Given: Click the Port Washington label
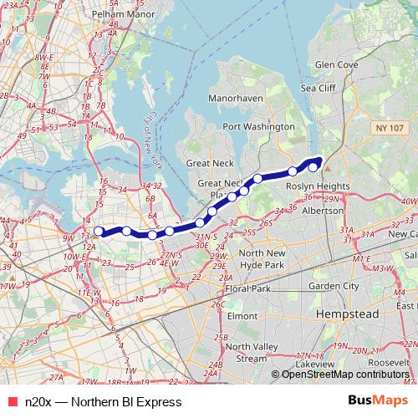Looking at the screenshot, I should pyautogui.click(x=256, y=127).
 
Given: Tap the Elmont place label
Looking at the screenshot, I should pyautogui.click(x=242, y=317).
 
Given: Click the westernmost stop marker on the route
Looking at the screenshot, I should pyautogui.click(x=99, y=232).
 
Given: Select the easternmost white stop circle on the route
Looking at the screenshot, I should pyautogui.click(x=313, y=166).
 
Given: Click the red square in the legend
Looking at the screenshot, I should pyautogui.click(x=12, y=402).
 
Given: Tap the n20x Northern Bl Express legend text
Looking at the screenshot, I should pyautogui.click(x=103, y=402).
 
